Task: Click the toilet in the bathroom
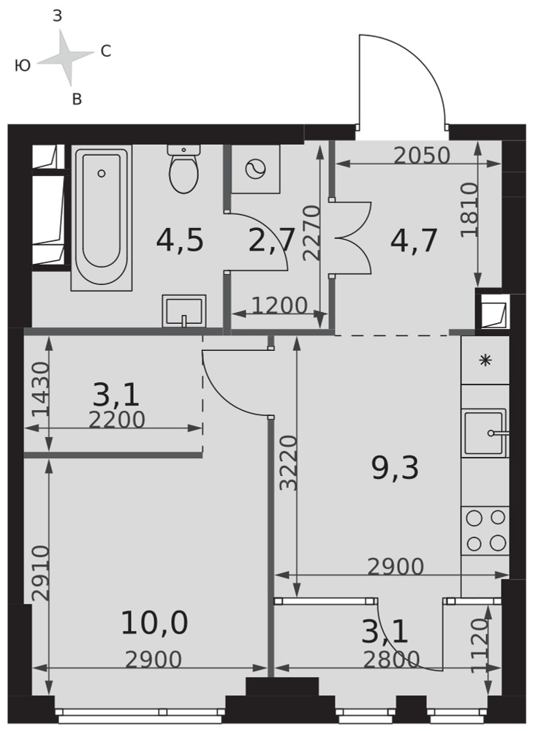point(184,169)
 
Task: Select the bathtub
point(102,217)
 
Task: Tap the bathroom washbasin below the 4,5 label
point(184,311)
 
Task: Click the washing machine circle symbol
point(256,169)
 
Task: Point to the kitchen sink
point(485,433)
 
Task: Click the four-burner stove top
point(485,530)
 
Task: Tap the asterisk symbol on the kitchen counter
point(486,360)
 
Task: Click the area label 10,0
point(154,624)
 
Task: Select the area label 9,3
point(396,468)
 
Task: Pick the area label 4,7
point(414,240)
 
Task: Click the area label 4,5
point(180,240)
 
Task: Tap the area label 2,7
point(272,240)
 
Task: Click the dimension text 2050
point(422,156)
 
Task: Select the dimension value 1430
point(40,390)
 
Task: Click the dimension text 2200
point(117,420)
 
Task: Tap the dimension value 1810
point(469,210)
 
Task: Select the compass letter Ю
point(23,66)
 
